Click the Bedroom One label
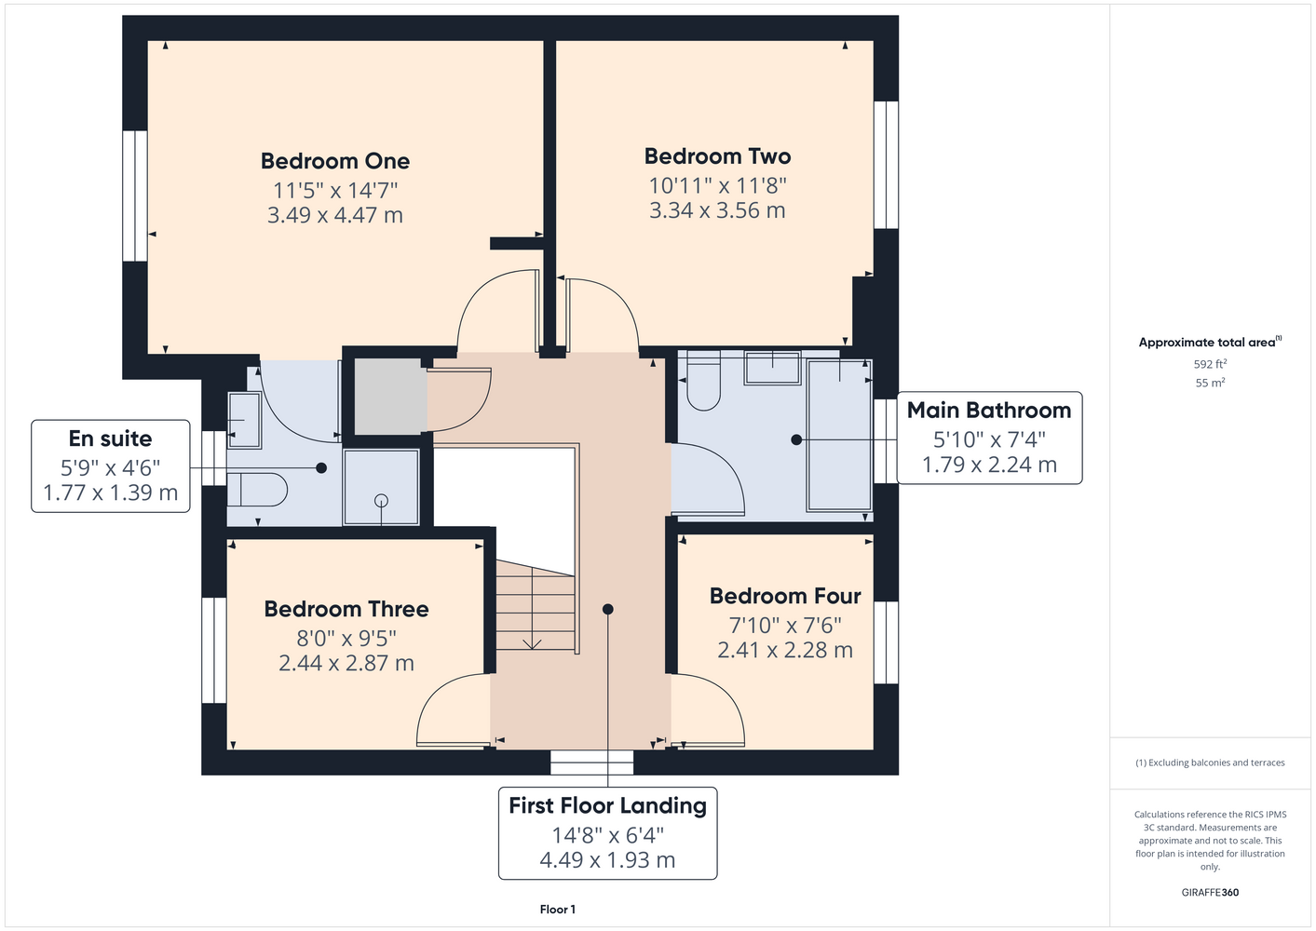coord(335,161)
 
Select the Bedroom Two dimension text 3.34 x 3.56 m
coord(717,210)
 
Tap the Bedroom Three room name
coord(346,609)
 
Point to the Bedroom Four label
coord(785,596)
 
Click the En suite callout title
coord(111,439)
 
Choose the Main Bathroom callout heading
coord(989,411)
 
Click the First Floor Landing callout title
coord(607,806)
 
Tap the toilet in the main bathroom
coord(703,381)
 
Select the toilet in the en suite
coord(257,490)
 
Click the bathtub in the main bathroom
coord(839,435)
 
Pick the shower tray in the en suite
coord(381,487)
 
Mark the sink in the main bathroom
coord(773,369)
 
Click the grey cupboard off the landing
coord(390,397)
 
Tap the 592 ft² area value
coord(1210,364)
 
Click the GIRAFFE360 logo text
coord(1210,892)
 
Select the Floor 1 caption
coord(558,910)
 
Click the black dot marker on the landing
coord(608,610)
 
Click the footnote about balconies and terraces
coord(1210,762)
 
